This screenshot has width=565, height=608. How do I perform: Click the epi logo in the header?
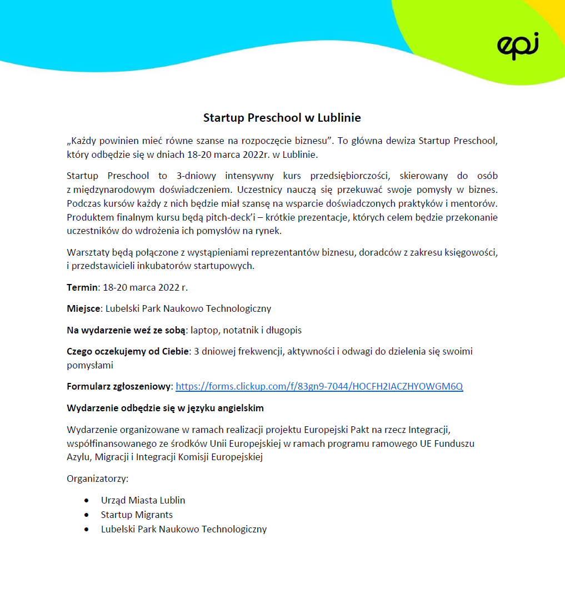[x=518, y=46]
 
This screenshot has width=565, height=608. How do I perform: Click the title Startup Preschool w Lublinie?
[x=282, y=118]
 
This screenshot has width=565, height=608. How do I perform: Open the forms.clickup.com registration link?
[x=319, y=386]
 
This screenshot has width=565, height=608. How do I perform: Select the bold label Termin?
[x=82, y=287]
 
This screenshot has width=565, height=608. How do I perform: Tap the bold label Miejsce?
[x=84, y=308]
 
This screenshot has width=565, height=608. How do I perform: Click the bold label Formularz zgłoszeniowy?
[x=119, y=386]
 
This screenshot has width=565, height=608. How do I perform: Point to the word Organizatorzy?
[x=97, y=479]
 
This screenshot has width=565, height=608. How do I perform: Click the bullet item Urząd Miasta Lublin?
[x=143, y=500]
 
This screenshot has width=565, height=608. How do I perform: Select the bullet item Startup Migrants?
[x=137, y=515]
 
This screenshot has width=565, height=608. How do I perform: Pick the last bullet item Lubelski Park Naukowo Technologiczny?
[x=183, y=529]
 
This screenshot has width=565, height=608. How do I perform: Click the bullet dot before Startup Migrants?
[x=86, y=515]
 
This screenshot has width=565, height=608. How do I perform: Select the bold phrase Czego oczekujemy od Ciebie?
[x=128, y=351]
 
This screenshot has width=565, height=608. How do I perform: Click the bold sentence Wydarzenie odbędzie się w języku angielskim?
[x=165, y=408]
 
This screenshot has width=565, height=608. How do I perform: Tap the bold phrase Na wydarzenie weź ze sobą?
[x=126, y=330]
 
